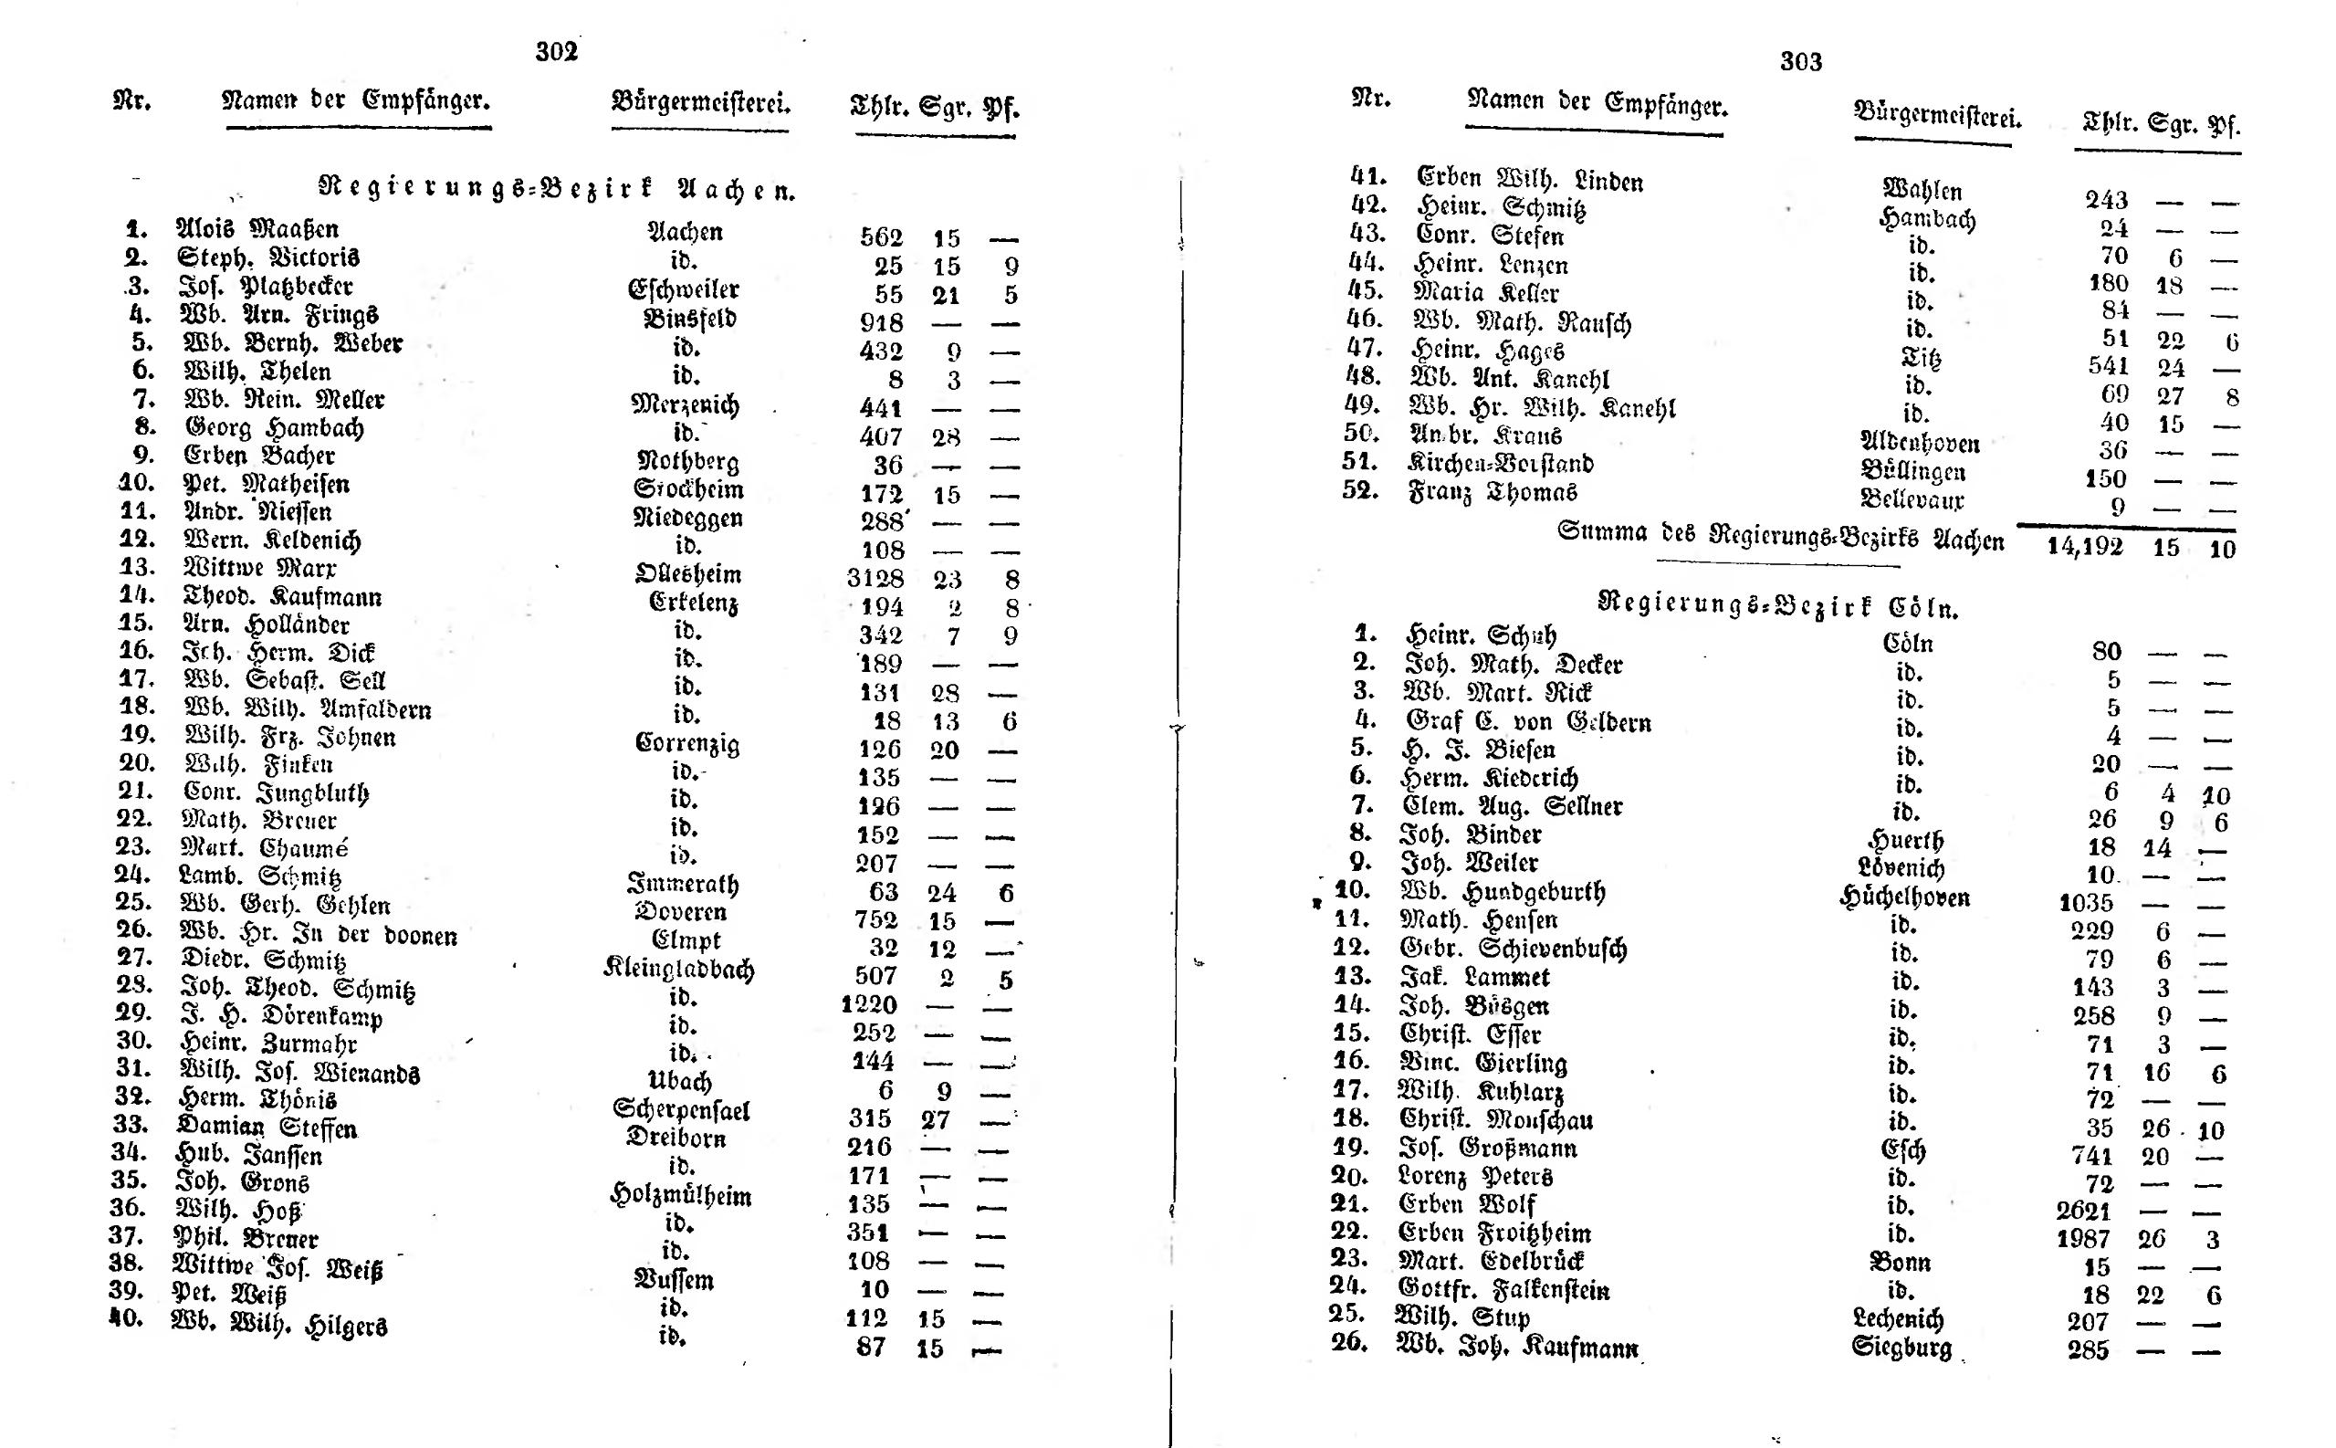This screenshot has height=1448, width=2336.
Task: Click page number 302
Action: (x=556, y=52)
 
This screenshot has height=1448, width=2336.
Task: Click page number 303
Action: (x=1800, y=62)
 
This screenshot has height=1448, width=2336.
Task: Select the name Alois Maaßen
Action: (x=257, y=229)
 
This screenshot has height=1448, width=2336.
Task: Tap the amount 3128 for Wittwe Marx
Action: (x=875, y=579)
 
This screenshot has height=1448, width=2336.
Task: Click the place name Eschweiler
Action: (x=683, y=289)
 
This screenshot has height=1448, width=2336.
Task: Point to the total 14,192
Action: (x=2084, y=547)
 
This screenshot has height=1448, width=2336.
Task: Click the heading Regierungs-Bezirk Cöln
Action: (x=1778, y=604)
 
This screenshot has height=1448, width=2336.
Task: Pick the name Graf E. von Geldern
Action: (x=1528, y=721)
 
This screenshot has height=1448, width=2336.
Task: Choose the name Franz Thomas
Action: (x=1492, y=491)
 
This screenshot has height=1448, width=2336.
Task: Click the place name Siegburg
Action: (x=1901, y=1348)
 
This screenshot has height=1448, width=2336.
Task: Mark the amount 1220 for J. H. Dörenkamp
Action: (x=868, y=1004)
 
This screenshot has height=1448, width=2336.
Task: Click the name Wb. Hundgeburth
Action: (x=1501, y=892)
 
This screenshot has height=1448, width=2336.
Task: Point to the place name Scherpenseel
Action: (x=681, y=1110)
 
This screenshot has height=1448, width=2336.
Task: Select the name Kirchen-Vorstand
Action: (x=1499, y=464)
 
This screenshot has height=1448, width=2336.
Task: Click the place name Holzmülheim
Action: (x=680, y=1195)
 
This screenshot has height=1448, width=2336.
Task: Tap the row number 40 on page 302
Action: (x=125, y=1317)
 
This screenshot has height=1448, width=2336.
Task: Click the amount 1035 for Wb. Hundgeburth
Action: (x=2085, y=903)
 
